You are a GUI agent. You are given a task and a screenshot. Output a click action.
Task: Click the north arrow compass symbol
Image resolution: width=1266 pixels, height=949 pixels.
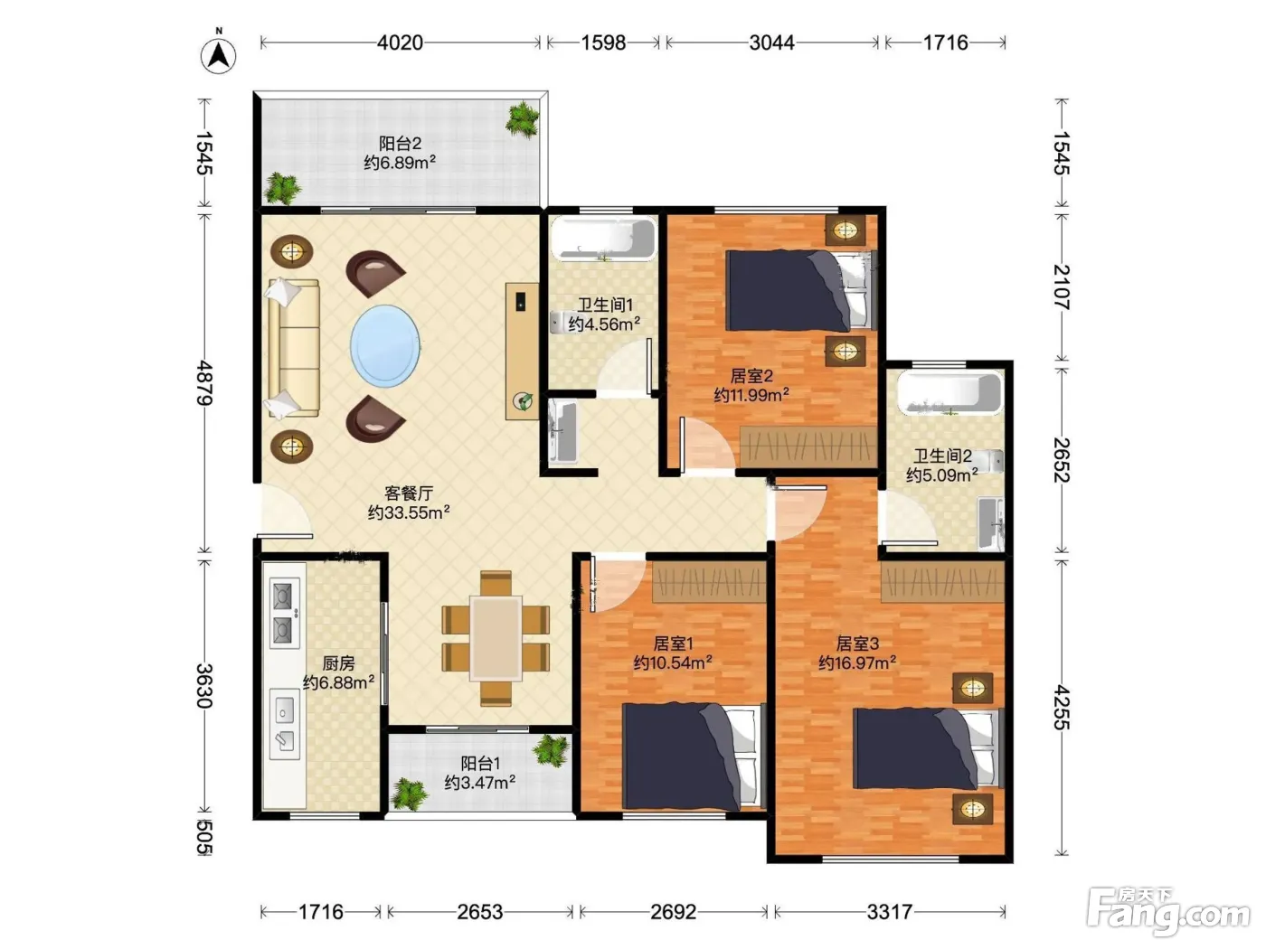[x=218, y=53]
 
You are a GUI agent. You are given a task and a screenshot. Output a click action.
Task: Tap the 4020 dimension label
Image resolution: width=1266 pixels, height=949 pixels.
[x=400, y=42]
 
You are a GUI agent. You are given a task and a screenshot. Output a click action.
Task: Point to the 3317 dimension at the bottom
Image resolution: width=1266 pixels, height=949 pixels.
[x=889, y=912]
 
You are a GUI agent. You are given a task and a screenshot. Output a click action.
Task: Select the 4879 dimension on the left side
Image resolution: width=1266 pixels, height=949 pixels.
[x=204, y=383]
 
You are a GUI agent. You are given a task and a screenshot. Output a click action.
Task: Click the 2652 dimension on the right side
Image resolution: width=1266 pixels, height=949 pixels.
[x=1062, y=460]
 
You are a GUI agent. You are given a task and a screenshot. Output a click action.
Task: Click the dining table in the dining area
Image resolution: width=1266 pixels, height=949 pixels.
[x=496, y=638]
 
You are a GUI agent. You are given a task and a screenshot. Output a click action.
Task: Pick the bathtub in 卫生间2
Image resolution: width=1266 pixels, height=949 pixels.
[x=949, y=393]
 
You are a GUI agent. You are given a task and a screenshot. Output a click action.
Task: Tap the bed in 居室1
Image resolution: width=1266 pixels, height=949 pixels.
[x=694, y=756]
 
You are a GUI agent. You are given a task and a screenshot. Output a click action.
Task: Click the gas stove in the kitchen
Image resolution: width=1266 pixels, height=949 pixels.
[x=284, y=613]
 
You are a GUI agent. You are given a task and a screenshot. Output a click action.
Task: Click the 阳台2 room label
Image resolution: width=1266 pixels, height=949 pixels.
[x=400, y=143]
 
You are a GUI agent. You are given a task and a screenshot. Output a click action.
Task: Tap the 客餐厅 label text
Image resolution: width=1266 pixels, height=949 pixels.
[x=409, y=493]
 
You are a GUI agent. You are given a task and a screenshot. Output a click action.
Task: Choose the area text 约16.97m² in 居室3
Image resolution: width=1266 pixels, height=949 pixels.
[x=856, y=662]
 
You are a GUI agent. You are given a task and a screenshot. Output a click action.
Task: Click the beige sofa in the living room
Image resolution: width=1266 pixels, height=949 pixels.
[x=293, y=348]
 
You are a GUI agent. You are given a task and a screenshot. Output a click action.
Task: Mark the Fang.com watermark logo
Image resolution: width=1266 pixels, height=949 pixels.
[x=1167, y=911]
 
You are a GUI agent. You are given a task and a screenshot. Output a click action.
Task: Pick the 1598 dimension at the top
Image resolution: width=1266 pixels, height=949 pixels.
[x=603, y=42]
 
